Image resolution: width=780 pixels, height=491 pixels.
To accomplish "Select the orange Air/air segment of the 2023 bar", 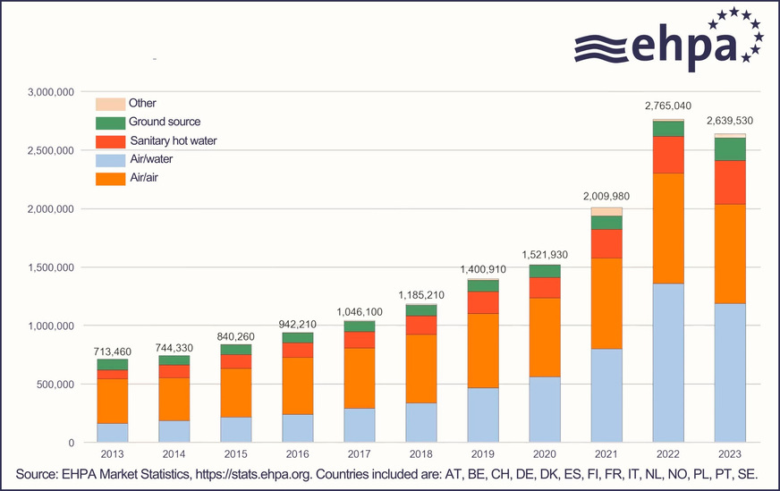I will [x=730, y=254].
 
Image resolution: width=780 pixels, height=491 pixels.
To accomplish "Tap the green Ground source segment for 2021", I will [x=606, y=223].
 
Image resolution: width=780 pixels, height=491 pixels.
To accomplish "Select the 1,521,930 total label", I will [x=545, y=255].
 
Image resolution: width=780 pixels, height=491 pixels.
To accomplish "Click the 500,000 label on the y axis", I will [x=54, y=385].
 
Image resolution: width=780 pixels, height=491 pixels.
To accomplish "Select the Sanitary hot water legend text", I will [x=173, y=141].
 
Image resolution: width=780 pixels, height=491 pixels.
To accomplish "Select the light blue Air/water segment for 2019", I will [x=483, y=415].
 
